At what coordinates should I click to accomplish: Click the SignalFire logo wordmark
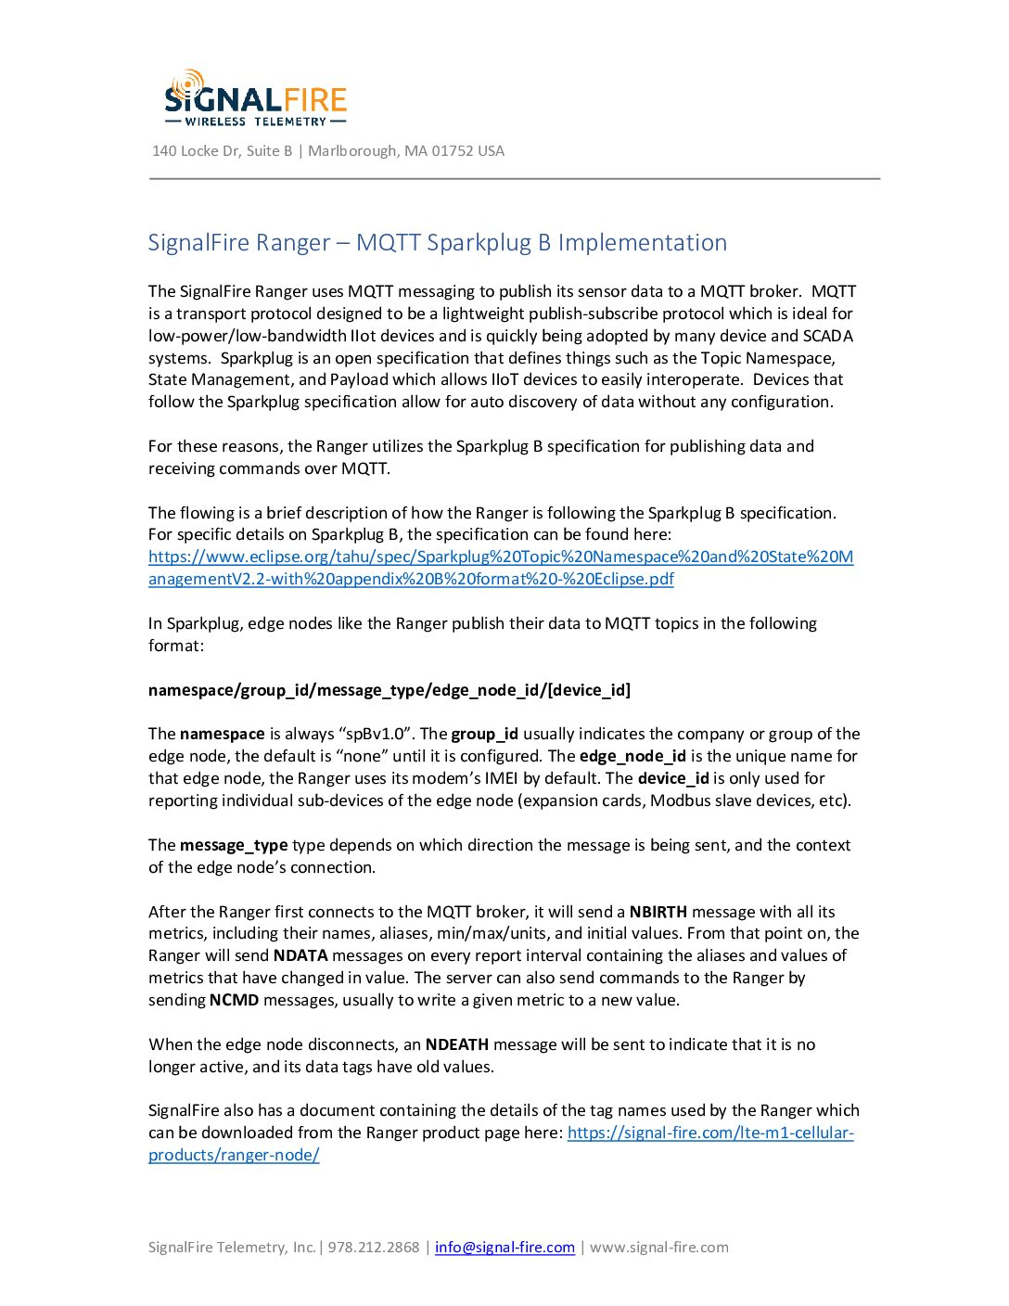(256, 97)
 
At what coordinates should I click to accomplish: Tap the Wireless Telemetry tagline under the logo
(256, 122)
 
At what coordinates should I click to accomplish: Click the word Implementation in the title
(642, 243)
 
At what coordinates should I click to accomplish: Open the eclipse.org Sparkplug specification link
(501, 557)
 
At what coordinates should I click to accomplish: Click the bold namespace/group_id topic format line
(390, 690)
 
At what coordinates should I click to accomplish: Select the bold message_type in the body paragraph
(234, 845)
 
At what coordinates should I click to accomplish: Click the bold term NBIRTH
(658, 912)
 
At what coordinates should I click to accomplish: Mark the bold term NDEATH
(456, 1044)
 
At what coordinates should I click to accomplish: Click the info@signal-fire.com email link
(504, 1248)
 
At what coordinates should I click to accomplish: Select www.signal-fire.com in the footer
(659, 1248)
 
